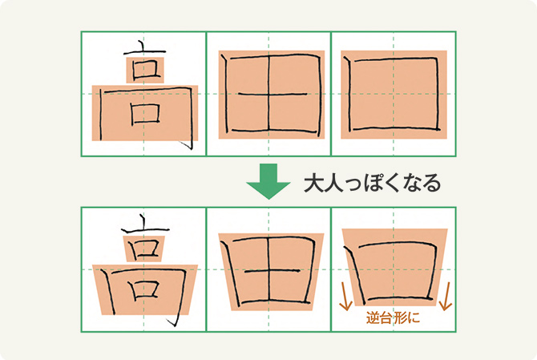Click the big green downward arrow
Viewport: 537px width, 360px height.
(x=268, y=181)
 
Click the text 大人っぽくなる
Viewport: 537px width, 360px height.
(x=372, y=183)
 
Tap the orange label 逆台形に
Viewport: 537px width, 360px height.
(x=393, y=318)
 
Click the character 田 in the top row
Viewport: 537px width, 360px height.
(x=272, y=93)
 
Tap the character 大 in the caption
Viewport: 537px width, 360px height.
(x=314, y=183)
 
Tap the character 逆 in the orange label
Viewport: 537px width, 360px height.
(x=373, y=318)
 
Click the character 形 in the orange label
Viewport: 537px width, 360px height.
(x=400, y=318)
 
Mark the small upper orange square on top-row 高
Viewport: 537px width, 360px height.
(x=145, y=71)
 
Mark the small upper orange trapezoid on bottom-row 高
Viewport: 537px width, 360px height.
(x=144, y=249)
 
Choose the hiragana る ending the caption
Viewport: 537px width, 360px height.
(x=431, y=184)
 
